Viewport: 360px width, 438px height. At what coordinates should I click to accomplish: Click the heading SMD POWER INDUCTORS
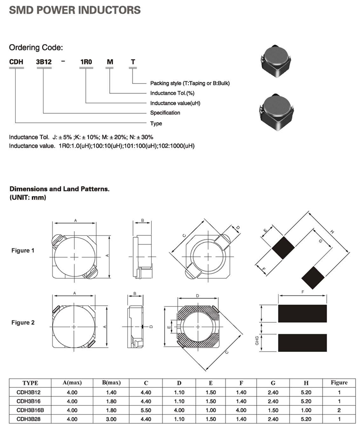pyautogui.click(x=75, y=10)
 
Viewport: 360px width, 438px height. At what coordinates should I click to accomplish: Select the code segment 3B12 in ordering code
pyautogui.click(x=44, y=63)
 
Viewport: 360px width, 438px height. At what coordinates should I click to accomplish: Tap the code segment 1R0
pyautogui.click(x=86, y=63)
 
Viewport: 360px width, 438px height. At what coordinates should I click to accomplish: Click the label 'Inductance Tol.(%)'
pyautogui.click(x=172, y=93)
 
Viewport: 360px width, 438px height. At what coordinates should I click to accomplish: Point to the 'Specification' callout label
pyautogui.click(x=165, y=113)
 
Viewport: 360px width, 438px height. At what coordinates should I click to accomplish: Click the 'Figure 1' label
pyautogui.click(x=23, y=250)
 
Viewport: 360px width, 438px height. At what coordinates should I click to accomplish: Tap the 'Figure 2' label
pyautogui.click(x=23, y=323)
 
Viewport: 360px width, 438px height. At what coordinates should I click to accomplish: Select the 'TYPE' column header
pyautogui.click(x=30, y=383)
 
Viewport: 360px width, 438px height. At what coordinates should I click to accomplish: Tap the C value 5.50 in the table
pyautogui.click(x=145, y=410)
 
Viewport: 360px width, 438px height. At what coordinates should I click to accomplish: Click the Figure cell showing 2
pyautogui.click(x=339, y=410)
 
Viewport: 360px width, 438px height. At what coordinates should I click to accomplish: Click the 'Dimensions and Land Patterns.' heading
pyautogui.click(x=60, y=189)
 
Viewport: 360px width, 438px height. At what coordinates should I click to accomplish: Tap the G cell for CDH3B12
pyautogui.click(x=273, y=393)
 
